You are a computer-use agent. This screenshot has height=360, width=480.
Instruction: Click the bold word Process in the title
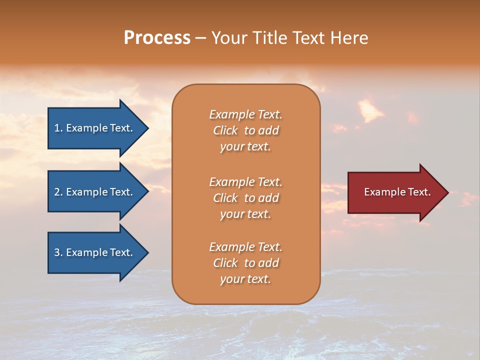[x=157, y=38]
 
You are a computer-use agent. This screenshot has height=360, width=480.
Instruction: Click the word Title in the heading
[x=269, y=38]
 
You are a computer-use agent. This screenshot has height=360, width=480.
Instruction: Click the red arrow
[x=395, y=192]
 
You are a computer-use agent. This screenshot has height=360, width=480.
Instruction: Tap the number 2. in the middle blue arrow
[x=58, y=192]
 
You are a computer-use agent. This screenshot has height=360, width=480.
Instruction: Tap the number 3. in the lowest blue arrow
[x=58, y=252]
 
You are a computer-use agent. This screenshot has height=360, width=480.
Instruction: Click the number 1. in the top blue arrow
[x=58, y=128]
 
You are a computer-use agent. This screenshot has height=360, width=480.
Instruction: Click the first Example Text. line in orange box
[x=245, y=114]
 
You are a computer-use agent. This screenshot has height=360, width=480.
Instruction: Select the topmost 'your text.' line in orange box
[x=245, y=146]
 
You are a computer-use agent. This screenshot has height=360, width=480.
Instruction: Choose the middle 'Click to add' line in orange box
[x=245, y=198]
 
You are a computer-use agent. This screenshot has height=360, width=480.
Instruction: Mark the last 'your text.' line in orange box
[x=245, y=279]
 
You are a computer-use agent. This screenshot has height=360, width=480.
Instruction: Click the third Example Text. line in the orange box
[x=245, y=247]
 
